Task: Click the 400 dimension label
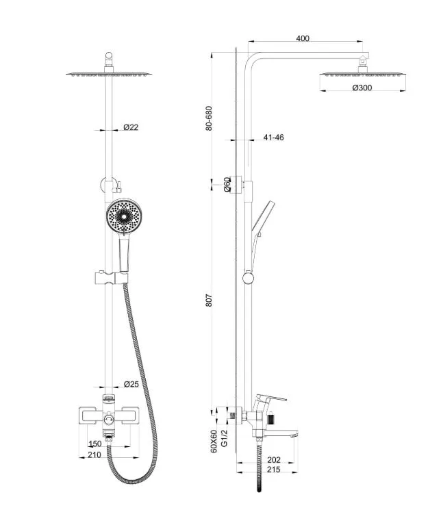302,38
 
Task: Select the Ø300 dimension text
362,88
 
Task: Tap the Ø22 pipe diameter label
131,127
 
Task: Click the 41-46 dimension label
273,138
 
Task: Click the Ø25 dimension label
131,384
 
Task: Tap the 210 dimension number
94,454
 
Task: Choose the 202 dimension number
274,460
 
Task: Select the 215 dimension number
274,470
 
